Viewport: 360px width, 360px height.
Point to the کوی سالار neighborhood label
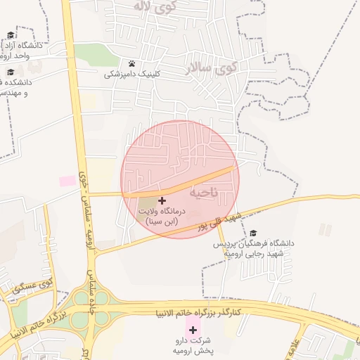tap(211, 68)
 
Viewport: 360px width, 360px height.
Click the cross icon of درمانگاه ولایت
tap(162, 200)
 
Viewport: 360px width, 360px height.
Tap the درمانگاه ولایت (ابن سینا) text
tap(162, 216)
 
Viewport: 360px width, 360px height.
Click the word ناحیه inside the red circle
tap(204, 191)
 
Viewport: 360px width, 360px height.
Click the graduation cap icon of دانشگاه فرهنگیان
tap(253, 233)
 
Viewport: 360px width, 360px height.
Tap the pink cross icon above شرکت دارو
tap(192, 329)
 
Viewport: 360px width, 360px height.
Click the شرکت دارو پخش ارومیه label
tap(192, 345)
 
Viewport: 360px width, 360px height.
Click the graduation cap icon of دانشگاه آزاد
tap(11, 35)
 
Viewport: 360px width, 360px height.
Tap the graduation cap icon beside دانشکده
tap(11, 72)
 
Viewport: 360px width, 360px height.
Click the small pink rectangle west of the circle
tap(67, 181)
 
